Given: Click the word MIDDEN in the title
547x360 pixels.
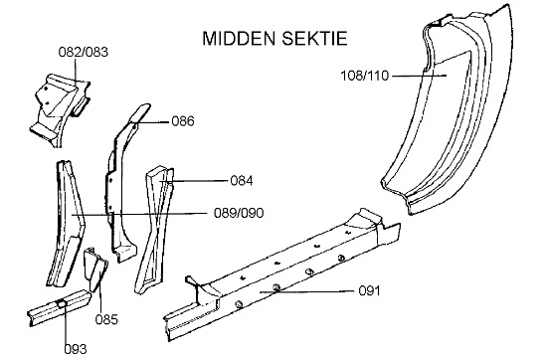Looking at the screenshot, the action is [240, 38].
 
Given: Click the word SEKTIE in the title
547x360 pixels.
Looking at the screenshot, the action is [314, 38].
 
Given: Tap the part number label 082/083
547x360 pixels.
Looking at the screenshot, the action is [84, 52].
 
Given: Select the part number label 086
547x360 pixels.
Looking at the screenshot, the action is [183, 121].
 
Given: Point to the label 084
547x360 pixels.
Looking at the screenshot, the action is [242, 181].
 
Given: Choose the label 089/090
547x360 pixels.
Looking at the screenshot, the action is [239, 213].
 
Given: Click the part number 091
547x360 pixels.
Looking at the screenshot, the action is [369, 290].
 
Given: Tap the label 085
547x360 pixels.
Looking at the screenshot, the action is [106, 319].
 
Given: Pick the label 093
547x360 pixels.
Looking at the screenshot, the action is [76, 349].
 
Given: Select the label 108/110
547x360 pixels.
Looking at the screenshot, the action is [365, 76].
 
